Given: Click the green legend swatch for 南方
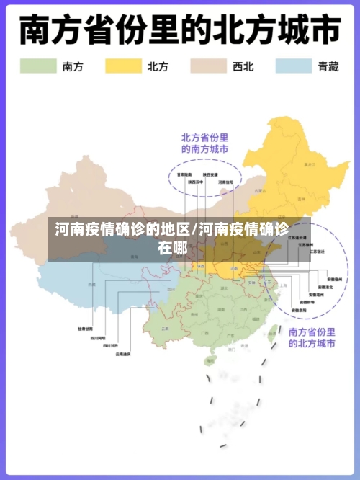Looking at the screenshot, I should (38, 66).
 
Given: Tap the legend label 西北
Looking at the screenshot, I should (243, 66).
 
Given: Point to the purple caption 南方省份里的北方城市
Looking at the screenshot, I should (312, 338).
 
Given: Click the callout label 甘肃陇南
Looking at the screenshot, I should (184, 174).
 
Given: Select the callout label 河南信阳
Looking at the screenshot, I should (225, 182).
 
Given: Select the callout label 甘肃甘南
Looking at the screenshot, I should (86, 329).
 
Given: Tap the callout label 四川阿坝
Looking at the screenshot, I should (98, 337).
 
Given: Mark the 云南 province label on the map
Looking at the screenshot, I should (166, 328).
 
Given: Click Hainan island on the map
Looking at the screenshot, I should (209, 359).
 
